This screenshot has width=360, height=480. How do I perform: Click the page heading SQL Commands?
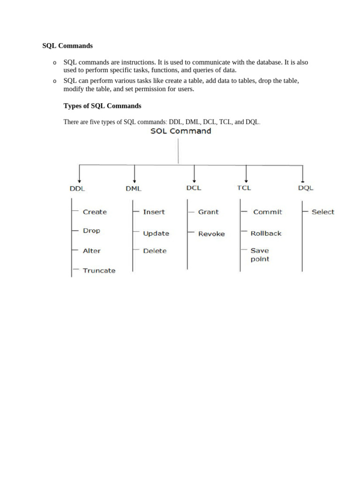coord(67,46)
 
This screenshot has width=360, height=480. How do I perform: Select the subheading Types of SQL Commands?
coord(102,106)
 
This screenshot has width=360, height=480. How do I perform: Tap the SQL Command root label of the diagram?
coord(180,131)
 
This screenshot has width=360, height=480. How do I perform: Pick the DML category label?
coord(134,188)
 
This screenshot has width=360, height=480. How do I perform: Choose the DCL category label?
coord(194,187)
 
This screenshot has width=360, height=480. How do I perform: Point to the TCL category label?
coord(244,187)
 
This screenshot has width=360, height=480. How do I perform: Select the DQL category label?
coord(306,188)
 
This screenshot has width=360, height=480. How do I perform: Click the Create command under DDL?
coord(95,212)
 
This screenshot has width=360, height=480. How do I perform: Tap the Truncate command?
coord(99,270)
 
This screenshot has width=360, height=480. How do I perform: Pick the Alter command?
coord(91,251)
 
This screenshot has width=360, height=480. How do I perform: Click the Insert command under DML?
coord(154,212)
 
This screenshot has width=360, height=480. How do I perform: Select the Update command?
coord(156,233)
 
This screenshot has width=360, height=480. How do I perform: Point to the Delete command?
coord(155,251)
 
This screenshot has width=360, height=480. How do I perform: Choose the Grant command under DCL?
coord(208,212)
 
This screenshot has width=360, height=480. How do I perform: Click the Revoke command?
coord(211,234)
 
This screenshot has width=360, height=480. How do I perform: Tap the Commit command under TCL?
coord(268,212)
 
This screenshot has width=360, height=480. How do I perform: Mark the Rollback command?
coord(266,233)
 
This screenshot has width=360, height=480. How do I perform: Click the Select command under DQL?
coord(323,212)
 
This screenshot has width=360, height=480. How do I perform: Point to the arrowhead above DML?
coord(135,180)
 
